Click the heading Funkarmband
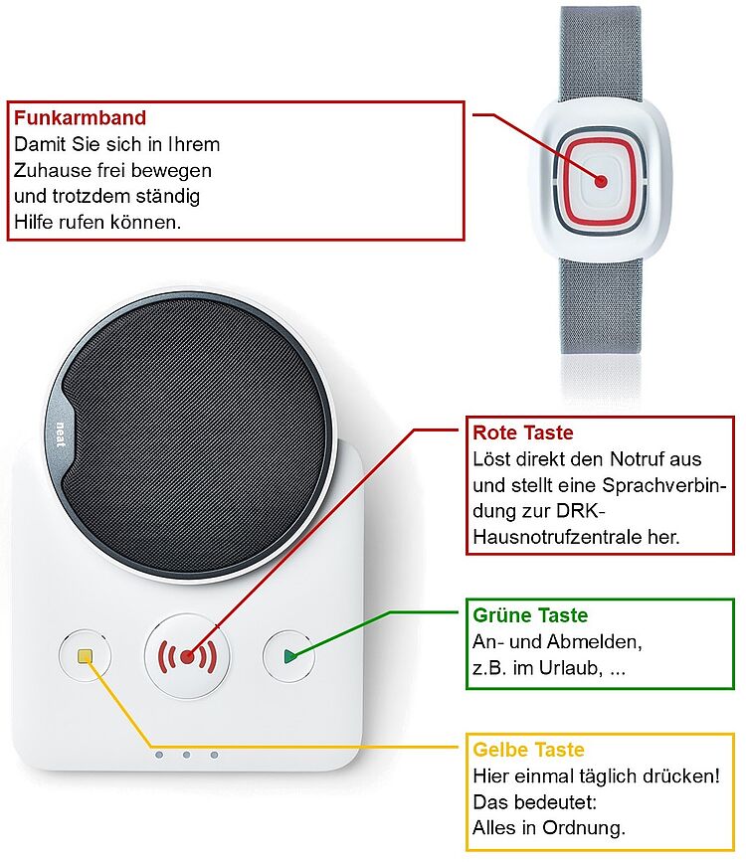80,118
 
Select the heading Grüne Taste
530,615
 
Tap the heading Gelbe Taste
528,750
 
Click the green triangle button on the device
288,656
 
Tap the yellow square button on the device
86,656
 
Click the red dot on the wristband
601,182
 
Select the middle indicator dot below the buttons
186,756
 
